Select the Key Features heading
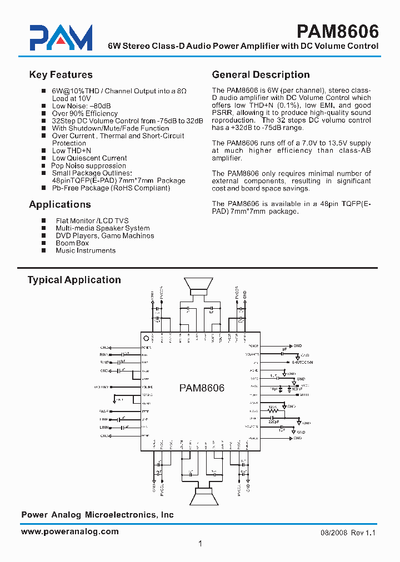pos(61,75)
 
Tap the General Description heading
pos(261,75)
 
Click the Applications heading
pos(59,204)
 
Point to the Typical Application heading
pos(74,280)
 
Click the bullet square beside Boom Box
pos(44,243)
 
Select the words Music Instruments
pos(86,250)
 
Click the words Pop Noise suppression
pos(88,165)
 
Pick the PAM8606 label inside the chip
pos(202,388)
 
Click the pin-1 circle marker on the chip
pos(146,339)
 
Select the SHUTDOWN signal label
pos(302,362)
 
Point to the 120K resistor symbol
pos(273,410)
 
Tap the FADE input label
pos(104,411)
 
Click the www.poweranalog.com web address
pos(69,531)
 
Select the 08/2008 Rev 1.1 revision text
pos(348,532)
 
